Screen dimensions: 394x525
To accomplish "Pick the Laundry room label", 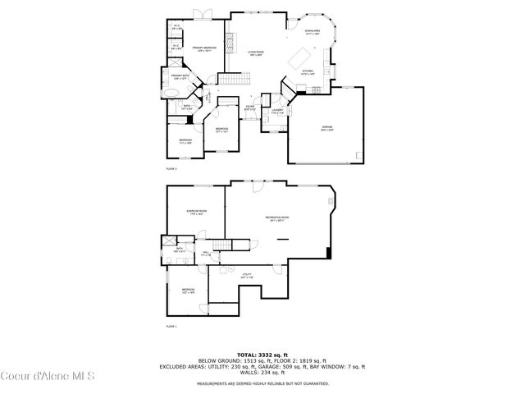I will [276, 111].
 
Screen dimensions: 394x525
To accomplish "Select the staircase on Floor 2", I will [235, 79].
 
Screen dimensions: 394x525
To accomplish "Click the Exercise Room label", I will [197, 212].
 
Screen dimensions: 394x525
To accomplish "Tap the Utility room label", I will [247, 277].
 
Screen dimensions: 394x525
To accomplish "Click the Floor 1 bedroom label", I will [189, 291].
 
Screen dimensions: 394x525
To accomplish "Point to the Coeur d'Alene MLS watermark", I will [48, 377].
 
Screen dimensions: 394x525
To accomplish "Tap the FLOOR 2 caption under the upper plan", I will [171, 168].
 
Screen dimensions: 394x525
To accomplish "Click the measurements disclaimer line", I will [262, 383].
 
